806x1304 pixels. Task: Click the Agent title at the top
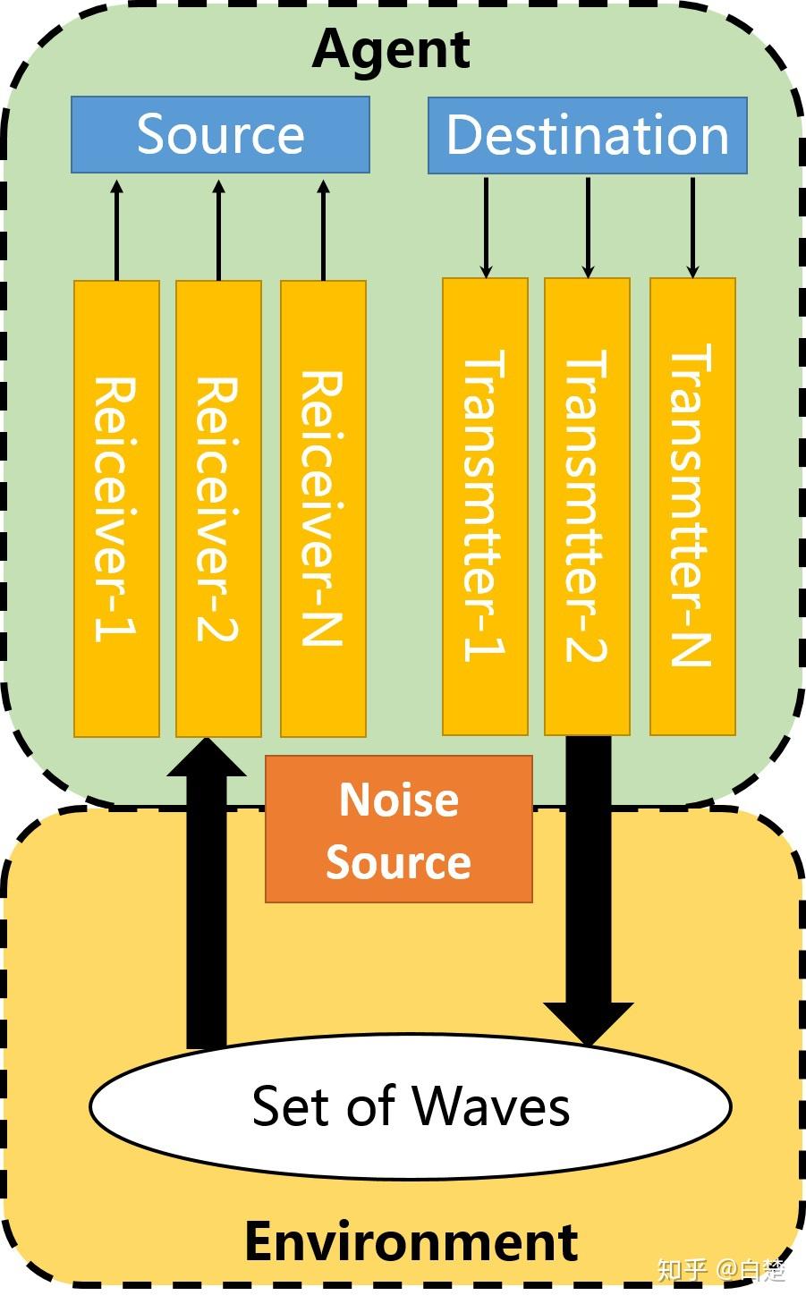coord(391,49)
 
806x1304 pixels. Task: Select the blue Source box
coord(220,134)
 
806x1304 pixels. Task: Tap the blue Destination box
coord(587,135)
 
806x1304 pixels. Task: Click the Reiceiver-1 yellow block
coord(116,508)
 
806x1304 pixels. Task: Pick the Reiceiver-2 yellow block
coord(218,508)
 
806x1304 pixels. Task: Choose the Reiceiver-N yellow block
coord(323,508)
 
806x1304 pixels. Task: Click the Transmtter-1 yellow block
coord(485,506)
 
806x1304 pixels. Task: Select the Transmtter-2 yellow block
coord(587,506)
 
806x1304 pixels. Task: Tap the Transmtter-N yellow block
coord(692,506)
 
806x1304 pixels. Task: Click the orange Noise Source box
coord(399,829)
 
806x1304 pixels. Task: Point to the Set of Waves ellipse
coord(411,1106)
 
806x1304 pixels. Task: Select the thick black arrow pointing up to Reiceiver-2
coord(207,894)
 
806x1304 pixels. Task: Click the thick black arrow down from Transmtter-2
coord(589,885)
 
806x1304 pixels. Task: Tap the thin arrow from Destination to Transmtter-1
coord(486,226)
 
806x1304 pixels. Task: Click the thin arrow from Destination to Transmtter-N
coord(692,226)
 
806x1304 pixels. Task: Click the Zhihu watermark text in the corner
coord(721,1270)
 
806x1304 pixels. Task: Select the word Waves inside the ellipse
coord(491,1106)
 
